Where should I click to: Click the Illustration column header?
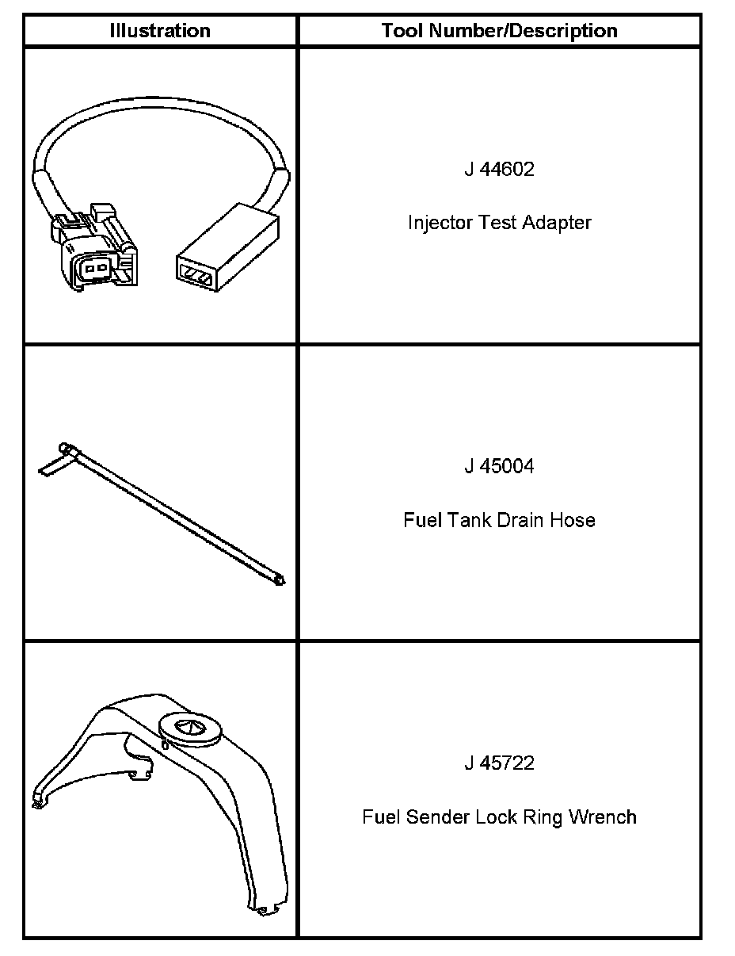tap(160, 31)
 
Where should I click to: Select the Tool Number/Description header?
tap(499, 31)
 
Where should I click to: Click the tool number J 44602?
tap(499, 170)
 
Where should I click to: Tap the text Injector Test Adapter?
tap(499, 223)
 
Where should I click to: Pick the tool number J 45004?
tap(499, 466)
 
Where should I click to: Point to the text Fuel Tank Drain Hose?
tap(499, 520)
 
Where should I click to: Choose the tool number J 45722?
tap(499, 763)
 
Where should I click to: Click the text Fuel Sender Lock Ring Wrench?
tap(499, 816)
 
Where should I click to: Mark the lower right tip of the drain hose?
tap(278, 580)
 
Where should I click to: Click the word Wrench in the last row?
tap(604, 816)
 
